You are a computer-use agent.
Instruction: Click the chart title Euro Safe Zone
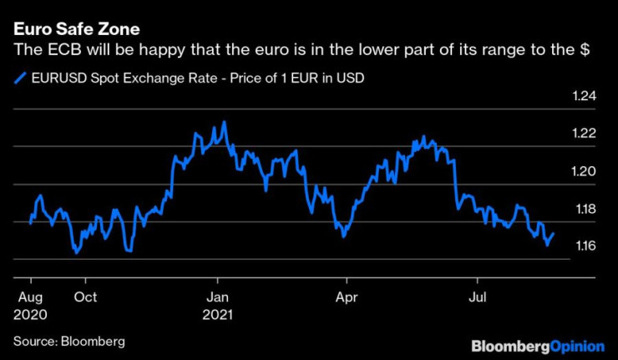pos(70,31)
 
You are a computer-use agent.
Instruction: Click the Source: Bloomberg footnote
pos(68,341)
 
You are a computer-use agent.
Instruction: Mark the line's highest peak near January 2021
pos(224,122)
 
